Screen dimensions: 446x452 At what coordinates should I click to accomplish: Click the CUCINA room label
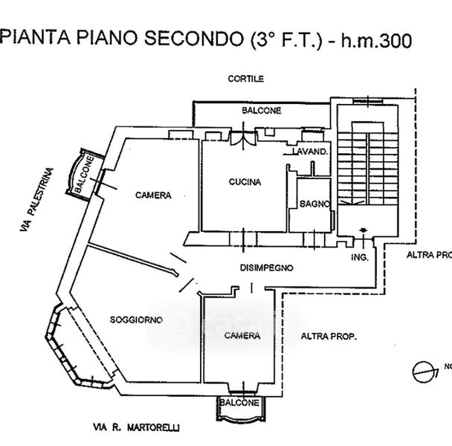coord(243,181)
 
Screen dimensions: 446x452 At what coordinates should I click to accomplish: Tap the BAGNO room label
coord(309,203)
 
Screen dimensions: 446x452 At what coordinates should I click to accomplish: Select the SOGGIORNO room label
coord(136,319)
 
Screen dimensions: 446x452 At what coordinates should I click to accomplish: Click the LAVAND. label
coord(310,152)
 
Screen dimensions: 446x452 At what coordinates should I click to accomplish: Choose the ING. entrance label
coord(360,257)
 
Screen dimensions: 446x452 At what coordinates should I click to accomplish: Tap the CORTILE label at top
coord(246,79)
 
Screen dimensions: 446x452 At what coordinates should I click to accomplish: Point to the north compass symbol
coord(422,369)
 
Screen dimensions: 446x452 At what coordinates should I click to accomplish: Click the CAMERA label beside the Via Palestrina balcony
coord(153,195)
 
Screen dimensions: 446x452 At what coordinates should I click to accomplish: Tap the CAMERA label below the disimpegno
coord(242,336)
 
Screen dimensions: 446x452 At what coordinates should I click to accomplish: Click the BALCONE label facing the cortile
coord(261,111)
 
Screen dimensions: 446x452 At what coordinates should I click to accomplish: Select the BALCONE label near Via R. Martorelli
coord(239,402)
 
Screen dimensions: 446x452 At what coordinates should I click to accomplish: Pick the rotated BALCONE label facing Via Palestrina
coord(84,175)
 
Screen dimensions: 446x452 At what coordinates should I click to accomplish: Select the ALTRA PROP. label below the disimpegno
coord(329,337)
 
